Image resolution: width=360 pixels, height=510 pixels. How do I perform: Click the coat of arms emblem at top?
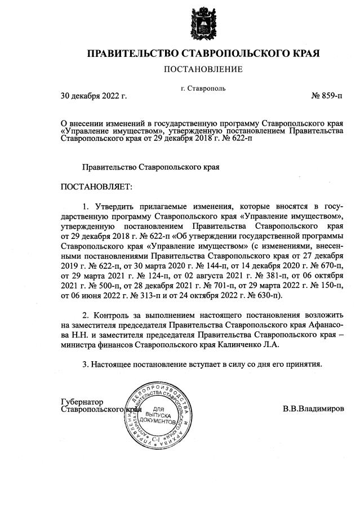(x=203, y=24)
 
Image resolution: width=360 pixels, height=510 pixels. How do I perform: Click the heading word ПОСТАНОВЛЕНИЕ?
(x=203, y=69)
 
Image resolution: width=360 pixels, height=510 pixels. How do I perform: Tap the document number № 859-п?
(x=327, y=95)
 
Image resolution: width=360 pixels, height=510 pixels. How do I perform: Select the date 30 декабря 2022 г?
(x=94, y=95)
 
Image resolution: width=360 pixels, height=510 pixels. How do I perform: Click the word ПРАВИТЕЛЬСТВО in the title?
(x=132, y=54)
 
